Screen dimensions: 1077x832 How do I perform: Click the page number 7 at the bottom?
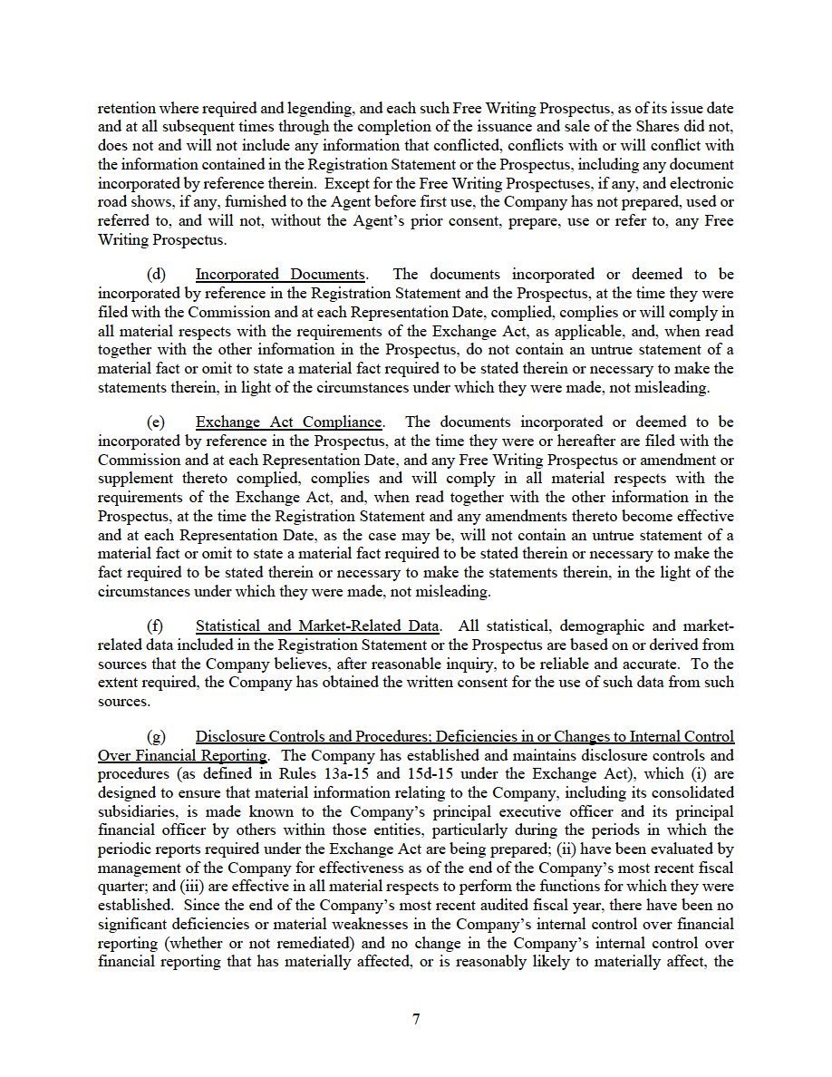click(x=416, y=1019)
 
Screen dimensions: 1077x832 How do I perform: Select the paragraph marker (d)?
click(x=157, y=275)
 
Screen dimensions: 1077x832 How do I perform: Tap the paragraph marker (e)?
click(x=157, y=422)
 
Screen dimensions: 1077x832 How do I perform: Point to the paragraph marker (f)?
click(x=156, y=626)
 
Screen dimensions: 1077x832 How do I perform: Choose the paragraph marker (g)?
click(x=157, y=737)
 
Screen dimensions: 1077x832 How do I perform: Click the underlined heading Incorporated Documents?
click(x=280, y=275)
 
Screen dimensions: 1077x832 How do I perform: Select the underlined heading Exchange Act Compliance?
click(x=289, y=422)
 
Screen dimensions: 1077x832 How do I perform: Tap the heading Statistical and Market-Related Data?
click(x=317, y=626)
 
